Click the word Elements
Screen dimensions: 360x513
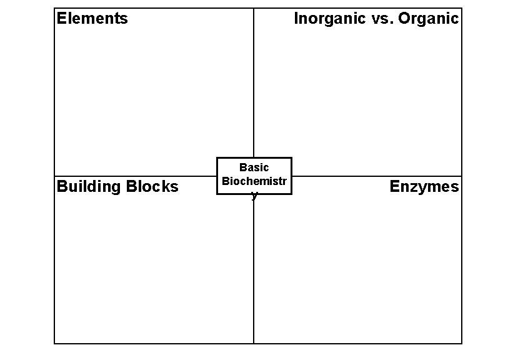pyautogui.click(x=92, y=18)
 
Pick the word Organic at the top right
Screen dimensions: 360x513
pyautogui.click(x=428, y=19)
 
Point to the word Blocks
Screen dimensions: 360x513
pyautogui.click(x=152, y=186)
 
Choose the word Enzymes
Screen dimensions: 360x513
pyautogui.click(x=424, y=186)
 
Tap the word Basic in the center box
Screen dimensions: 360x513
pyautogui.click(x=254, y=167)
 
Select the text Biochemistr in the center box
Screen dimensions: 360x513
pyautogui.click(x=254, y=181)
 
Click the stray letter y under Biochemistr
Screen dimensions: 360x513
pyautogui.click(x=254, y=194)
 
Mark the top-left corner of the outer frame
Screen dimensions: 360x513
pyautogui.click(x=54, y=8)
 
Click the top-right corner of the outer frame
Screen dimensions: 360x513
pyautogui.click(x=462, y=8)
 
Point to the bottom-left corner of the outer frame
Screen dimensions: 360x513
pyautogui.click(x=54, y=343)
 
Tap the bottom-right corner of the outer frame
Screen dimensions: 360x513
pyautogui.click(x=462, y=343)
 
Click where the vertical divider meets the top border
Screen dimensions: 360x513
pyautogui.click(x=254, y=8)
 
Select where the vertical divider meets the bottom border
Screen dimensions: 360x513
pyautogui.click(x=254, y=343)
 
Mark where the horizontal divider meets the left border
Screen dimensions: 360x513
pyautogui.click(x=54, y=176)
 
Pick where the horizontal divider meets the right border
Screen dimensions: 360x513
pyautogui.click(x=462, y=176)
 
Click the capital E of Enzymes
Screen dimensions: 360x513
pyautogui.click(x=395, y=186)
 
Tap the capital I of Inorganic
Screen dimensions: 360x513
pyautogui.click(x=296, y=19)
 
